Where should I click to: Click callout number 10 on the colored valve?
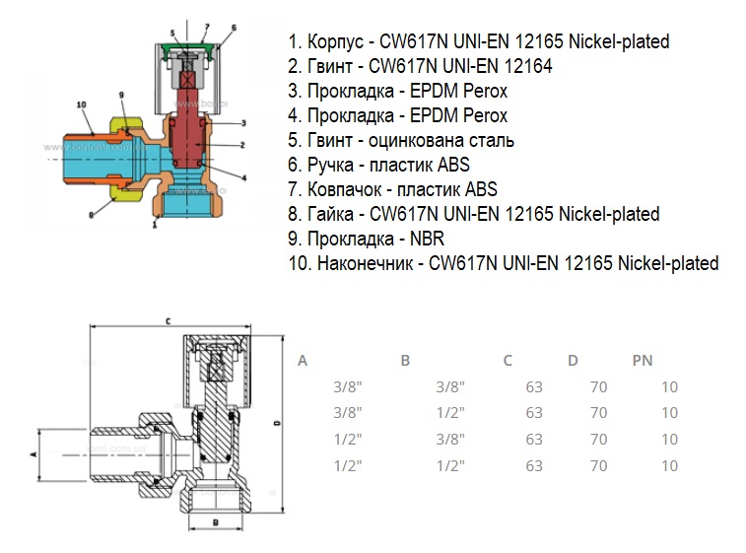coord(81,104)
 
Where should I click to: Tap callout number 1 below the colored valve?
coord(156,226)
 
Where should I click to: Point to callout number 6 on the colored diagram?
coord(235,28)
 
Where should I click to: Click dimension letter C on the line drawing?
coord(169,321)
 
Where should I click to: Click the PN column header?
coord(643,361)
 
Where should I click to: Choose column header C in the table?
coord(508,361)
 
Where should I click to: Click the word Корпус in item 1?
coord(337,41)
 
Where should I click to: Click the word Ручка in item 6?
coord(329,165)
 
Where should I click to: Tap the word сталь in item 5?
coord(491,140)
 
